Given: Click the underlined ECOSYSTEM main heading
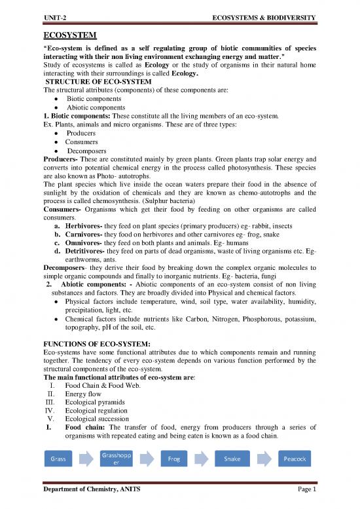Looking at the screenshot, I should click(70, 34).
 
